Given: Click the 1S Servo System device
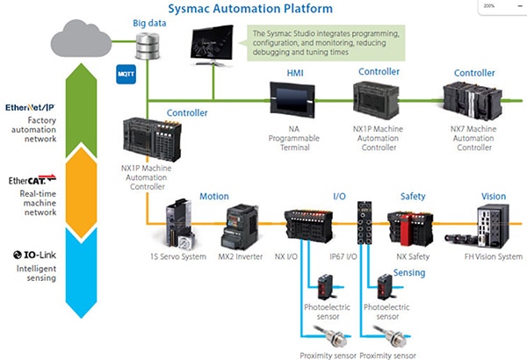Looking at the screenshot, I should click(178, 225).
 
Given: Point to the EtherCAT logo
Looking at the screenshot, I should click(32, 180).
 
